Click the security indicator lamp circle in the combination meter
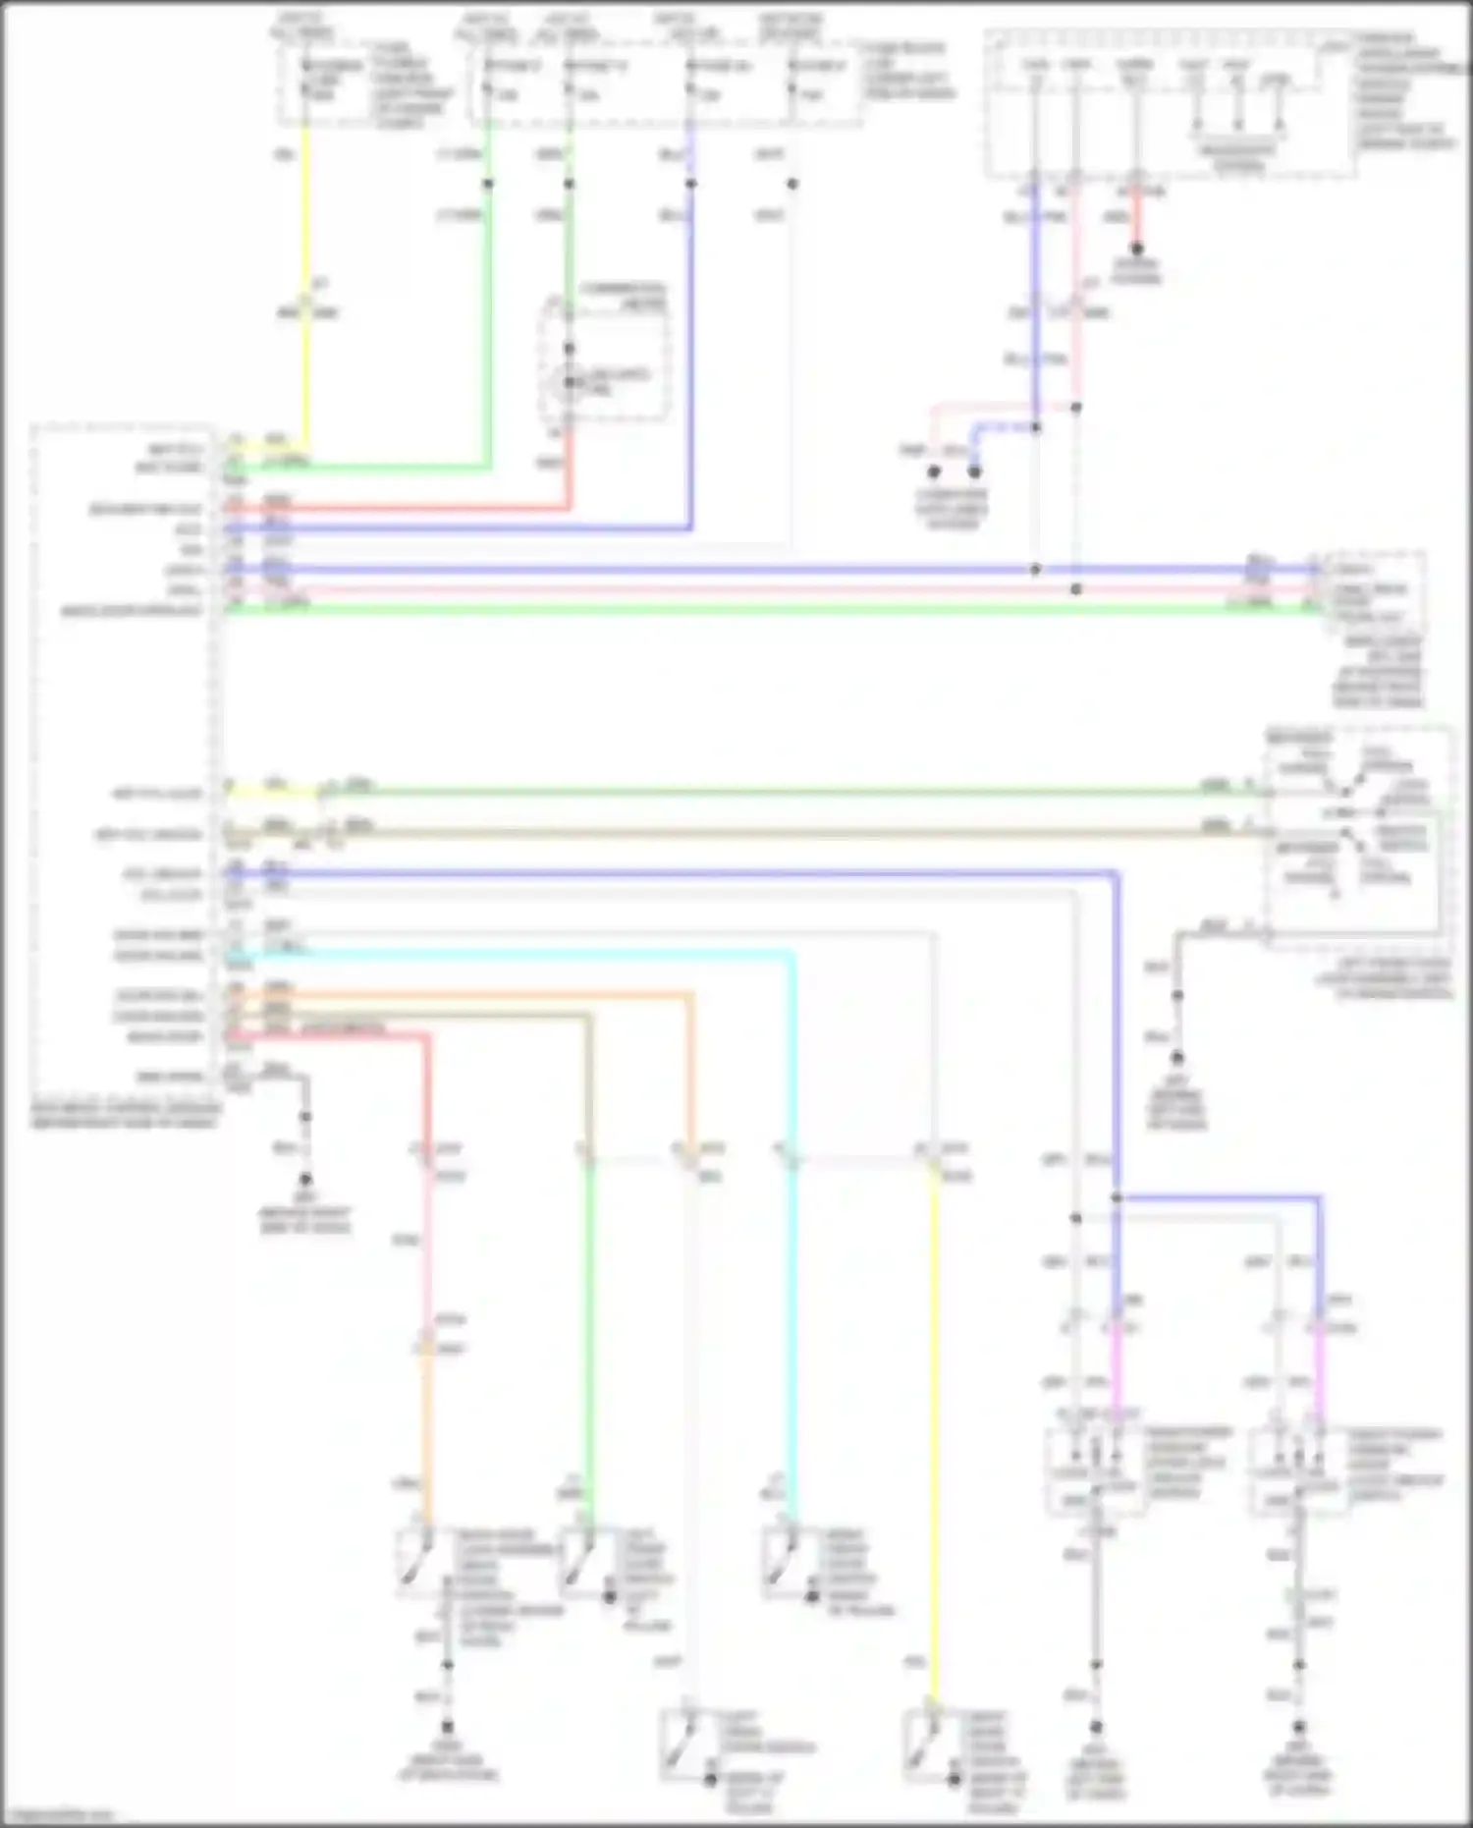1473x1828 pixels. (569, 381)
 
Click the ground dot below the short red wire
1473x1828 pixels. (1136, 249)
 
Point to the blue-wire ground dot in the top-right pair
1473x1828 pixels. (974, 471)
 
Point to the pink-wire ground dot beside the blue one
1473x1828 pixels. (934, 471)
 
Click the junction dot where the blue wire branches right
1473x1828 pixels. (1117, 1197)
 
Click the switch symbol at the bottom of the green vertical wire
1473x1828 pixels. (579, 1562)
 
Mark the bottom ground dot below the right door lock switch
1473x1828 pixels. (1298, 1727)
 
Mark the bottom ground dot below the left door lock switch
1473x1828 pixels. (1096, 1727)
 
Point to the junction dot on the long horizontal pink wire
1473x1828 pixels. (1076, 589)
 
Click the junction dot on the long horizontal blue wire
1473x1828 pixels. (1035, 569)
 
